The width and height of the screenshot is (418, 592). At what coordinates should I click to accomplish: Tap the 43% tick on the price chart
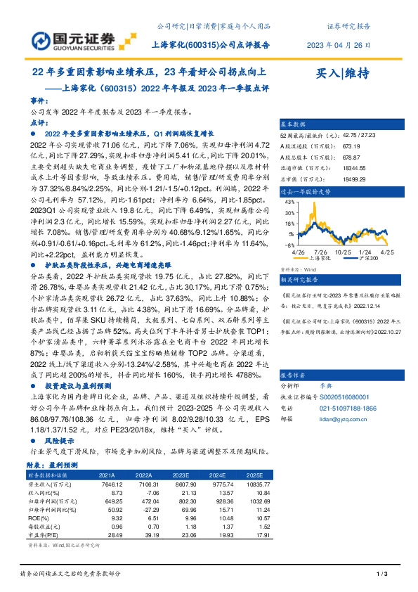[289, 201]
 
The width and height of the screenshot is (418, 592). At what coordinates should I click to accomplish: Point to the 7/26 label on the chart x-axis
[321, 250]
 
